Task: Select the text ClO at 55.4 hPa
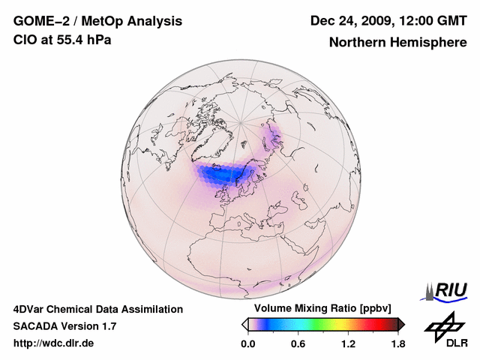62,40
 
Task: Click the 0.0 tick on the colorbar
247,344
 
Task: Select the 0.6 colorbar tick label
298,344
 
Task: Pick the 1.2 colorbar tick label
348,344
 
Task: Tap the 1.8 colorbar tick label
397,344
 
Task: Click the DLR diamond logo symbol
442,324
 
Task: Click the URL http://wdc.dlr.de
54,343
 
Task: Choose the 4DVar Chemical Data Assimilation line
97,309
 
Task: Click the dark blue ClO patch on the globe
225,174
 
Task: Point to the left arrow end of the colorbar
244,324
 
